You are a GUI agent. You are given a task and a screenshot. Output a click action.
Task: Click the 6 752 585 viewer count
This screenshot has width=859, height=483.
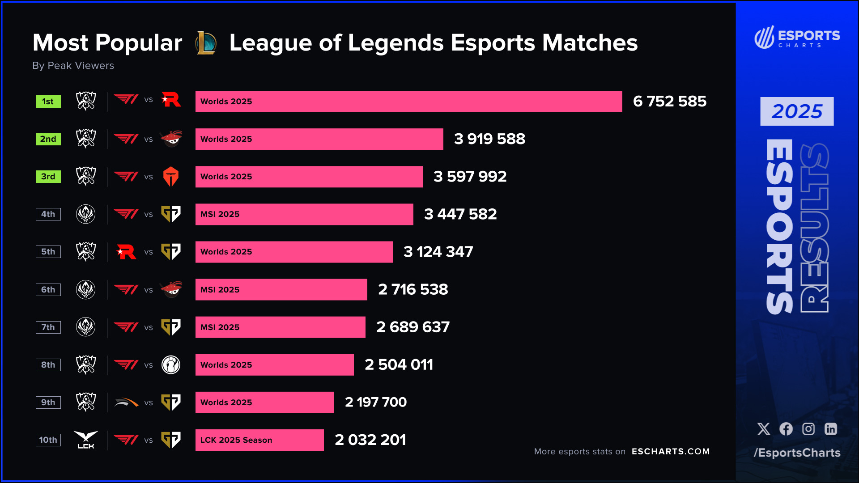click(669, 102)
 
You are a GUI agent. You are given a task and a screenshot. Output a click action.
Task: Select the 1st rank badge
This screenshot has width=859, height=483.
click(48, 102)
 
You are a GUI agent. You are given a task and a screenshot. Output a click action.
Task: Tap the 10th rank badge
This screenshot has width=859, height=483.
click(48, 440)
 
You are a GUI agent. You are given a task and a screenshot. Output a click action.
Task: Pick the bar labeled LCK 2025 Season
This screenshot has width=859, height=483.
click(259, 440)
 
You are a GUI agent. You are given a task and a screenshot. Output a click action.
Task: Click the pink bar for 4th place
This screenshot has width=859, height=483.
click(304, 214)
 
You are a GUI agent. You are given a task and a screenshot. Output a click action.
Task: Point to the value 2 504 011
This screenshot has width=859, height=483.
click(399, 365)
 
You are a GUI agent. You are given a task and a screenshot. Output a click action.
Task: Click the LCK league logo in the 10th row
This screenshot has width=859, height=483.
click(86, 440)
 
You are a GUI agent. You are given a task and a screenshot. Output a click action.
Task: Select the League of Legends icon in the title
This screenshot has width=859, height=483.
click(206, 43)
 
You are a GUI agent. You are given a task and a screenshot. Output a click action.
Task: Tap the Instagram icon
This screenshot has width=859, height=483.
click(808, 429)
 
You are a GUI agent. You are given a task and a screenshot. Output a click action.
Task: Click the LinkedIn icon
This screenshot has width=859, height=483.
click(831, 429)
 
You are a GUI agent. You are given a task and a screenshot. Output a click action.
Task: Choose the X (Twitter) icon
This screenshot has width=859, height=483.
click(764, 429)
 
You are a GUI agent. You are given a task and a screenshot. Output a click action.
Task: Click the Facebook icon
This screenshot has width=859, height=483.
click(786, 429)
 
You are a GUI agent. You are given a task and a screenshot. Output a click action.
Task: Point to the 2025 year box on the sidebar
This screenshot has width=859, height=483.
click(797, 111)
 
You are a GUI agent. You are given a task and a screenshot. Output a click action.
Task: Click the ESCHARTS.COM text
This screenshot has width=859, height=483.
click(671, 452)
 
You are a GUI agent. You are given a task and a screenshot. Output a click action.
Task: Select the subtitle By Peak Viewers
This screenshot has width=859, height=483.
click(73, 66)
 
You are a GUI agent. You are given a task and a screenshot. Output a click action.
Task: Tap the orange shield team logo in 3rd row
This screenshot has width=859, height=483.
click(171, 177)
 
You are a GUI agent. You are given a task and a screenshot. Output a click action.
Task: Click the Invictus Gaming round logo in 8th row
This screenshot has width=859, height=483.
click(171, 365)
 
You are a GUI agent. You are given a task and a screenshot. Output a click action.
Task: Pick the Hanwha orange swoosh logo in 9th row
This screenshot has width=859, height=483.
click(126, 402)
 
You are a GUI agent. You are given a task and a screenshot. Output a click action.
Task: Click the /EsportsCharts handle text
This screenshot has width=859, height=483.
click(797, 453)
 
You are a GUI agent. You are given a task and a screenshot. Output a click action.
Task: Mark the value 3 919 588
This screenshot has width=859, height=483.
click(489, 139)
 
